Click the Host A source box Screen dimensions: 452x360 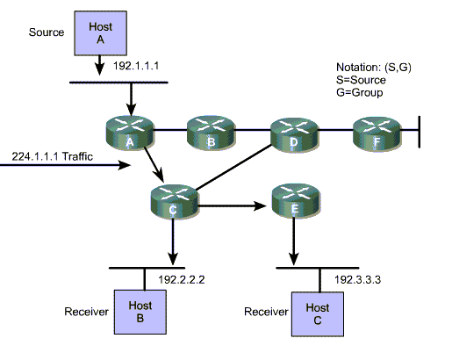tap(100, 33)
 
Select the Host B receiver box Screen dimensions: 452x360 tap(140, 312)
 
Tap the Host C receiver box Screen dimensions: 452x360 tap(318, 314)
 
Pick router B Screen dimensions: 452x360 tap(211, 133)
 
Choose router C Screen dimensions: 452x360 tap(175, 201)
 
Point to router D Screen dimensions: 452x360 tap(294, 134)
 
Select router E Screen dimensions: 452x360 tap(296, 200)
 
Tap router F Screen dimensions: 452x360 tap(377, 133)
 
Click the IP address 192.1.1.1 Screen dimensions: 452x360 tap(136, 66)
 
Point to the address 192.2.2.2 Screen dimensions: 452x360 tap(182, 279)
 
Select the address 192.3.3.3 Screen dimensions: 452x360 tap(357, 279)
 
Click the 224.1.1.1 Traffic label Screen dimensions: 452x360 tap(53, 156)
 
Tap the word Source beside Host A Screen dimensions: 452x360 tap(47, 32)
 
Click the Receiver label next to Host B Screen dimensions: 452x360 tap(86, 312)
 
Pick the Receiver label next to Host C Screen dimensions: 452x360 tap(266, 312)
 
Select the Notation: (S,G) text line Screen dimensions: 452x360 tap(374, 68)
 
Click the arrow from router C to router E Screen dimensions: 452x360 tap(232, 206)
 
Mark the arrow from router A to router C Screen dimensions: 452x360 tap(154, 164)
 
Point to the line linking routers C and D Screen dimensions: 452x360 tap(234, 167)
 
